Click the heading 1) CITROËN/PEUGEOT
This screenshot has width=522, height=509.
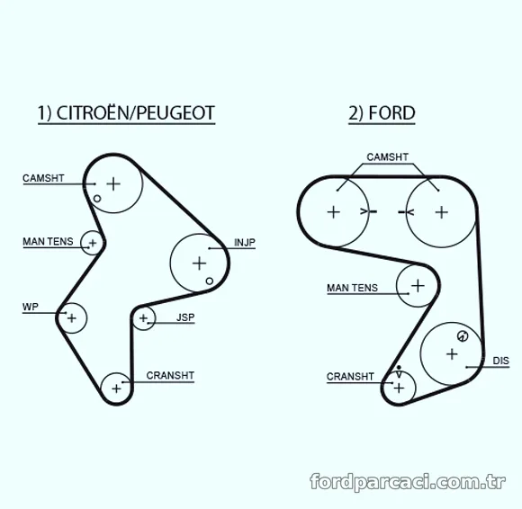pyautogui.click(x=126, y=113)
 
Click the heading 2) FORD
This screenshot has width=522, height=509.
pyautogui.click(x=382, y=113)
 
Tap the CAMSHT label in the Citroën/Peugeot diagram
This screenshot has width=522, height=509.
pyautogui.click(x=43, y=178)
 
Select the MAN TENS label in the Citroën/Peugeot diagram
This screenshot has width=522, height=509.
pyautogui.click(x=48, y=242)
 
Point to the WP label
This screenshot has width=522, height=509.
pyautogui.click(x=31, y=307)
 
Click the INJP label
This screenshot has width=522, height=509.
pyautogui.click(x=245, y=243)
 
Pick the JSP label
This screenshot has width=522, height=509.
pyautogui.click(x=185, y=317)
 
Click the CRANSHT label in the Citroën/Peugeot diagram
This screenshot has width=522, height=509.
pyautogui.click(x=170, y=376)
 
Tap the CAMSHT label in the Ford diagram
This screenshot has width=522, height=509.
pyautogui.click(x=388, y=157)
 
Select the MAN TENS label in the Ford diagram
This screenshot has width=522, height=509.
pyautogui.click(x=352, y=288)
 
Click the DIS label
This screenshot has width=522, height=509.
pyautogui.click(x=501, y=361)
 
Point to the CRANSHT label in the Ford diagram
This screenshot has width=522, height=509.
pyautogui.click(x=350, y=377)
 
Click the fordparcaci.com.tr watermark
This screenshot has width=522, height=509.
pyautogui.click(x=408, y=481)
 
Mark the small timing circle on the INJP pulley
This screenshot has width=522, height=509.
pyautogui.click(x=210, y=281)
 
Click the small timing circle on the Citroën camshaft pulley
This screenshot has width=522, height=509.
pyautogui.click(x=97, y=199)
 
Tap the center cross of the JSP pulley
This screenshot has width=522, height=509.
pyautogui.click(x=143, y=318)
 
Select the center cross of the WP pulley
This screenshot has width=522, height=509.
pyautogui.click(x=72, y=318)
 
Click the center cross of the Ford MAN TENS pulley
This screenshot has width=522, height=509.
pyautogui.click(x=418, y=286)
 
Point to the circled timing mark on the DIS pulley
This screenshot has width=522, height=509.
pyautogui.click(x=463, y=336)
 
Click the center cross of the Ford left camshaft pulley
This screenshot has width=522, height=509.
pyautogui.click(x=334, y=212)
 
